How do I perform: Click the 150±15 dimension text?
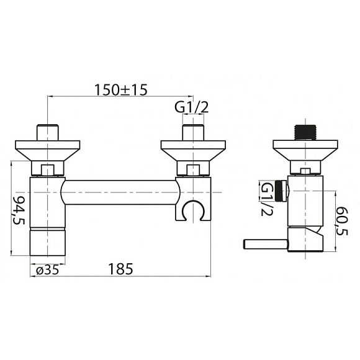click(121, 90)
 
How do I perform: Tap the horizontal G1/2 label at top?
click(191, 107)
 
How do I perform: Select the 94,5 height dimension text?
click(19, 210)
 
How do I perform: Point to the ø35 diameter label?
click(48, 271)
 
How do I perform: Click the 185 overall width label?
click(120, 269)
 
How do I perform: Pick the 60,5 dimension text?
click(343, 221)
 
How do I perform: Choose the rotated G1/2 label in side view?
click(267, 199)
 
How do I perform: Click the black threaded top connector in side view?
click(305, 132)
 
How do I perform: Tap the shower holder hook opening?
click(193, 210)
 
